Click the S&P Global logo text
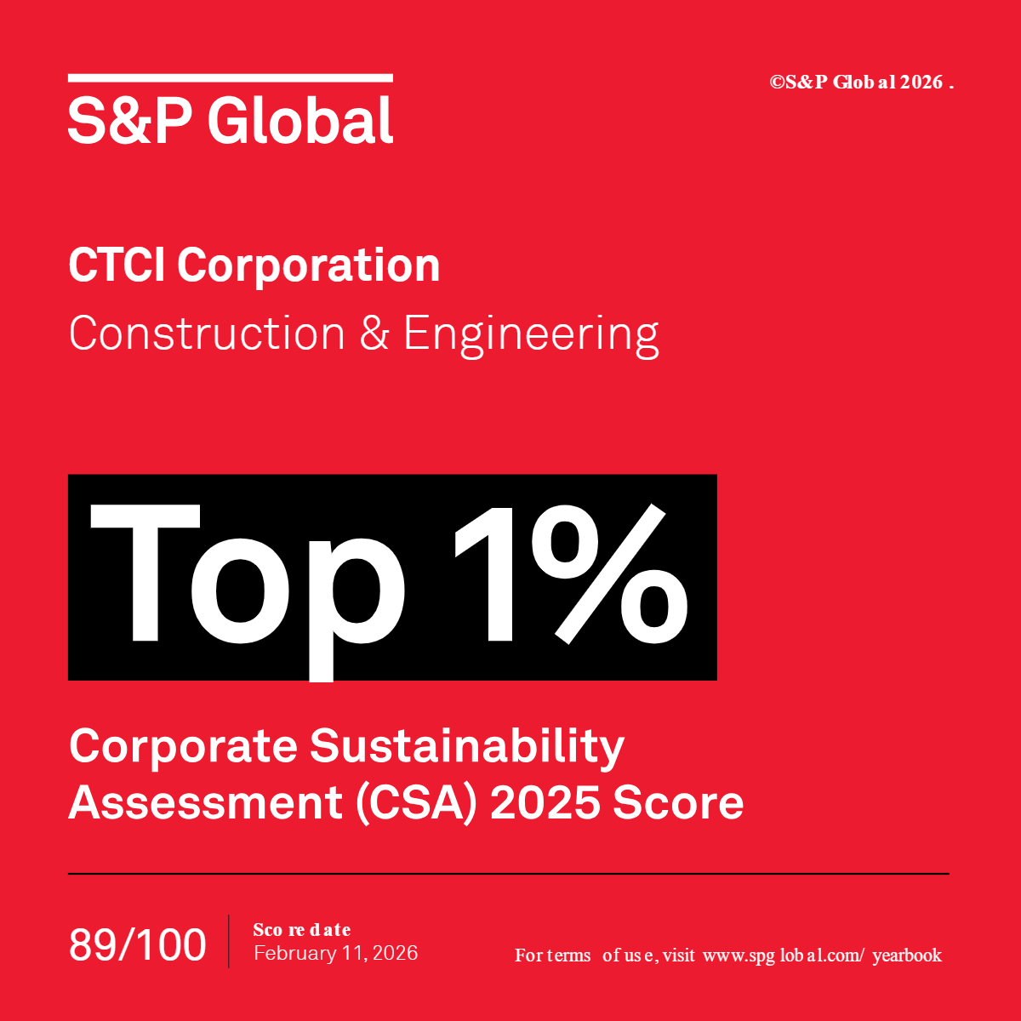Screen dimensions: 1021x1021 pyautogui.click(x=230, y=121)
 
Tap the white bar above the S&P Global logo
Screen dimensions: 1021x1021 pyautogui.click(x=230, y=78)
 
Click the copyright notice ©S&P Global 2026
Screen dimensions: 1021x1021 pyautogui.click(x=861, y=83)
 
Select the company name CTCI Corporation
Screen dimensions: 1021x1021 pyautogui.click(x=254, y=265)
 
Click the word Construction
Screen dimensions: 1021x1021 pyautogui.click(x=207, y=333)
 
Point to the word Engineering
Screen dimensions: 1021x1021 pyautogui.click(x=531, y=334)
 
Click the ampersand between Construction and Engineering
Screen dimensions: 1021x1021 pyautogui.click(x=374, y=333)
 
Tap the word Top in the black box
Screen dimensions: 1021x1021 pyautogui.click(x=247, y=577)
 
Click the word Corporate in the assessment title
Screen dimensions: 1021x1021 pyautogui.click(x=183, y=746)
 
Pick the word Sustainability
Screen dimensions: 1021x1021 pyautogui.click(x=466, y=748)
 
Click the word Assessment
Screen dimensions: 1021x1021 pyautogui.click(x=205, y=802)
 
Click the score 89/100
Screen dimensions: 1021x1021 pyautogui.click(x=137, y=944)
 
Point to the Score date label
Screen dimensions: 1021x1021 pyautogui.click(x=302, y=929)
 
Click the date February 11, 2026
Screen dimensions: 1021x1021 pyautogui.click(x=335, y=953)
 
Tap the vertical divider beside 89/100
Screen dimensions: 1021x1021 pyautogui.click(x=228, y=941)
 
